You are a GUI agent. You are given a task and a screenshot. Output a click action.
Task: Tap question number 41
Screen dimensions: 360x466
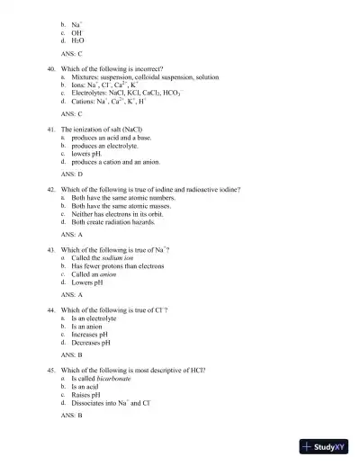(52, 130)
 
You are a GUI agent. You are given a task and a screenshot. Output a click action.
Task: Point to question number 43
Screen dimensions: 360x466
(52, 249)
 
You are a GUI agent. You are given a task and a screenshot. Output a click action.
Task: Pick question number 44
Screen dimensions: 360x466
(52, 309)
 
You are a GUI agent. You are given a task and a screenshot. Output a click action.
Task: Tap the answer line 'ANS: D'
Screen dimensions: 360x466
(71, 173)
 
